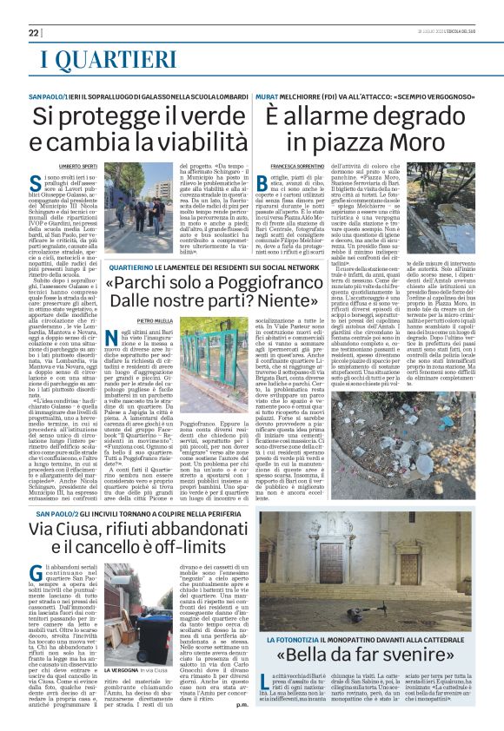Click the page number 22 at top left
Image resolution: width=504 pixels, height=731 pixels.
click(x=33, y=33)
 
